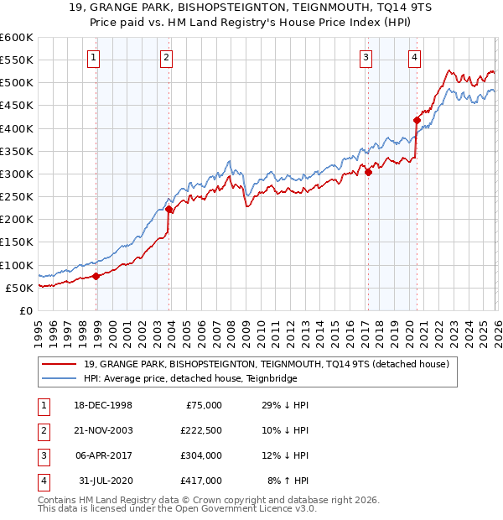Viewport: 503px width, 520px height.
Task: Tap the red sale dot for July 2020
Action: click(416, 120)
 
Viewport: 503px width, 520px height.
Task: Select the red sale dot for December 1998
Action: click(96, 276)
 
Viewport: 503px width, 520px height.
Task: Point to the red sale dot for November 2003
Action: click(169, 209)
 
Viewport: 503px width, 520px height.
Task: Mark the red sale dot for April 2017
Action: click(367, 172)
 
